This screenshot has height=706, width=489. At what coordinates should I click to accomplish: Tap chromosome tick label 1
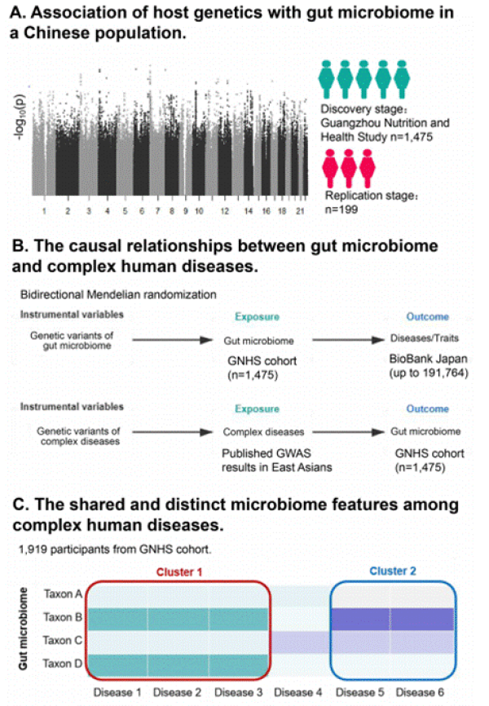point(45,210)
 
